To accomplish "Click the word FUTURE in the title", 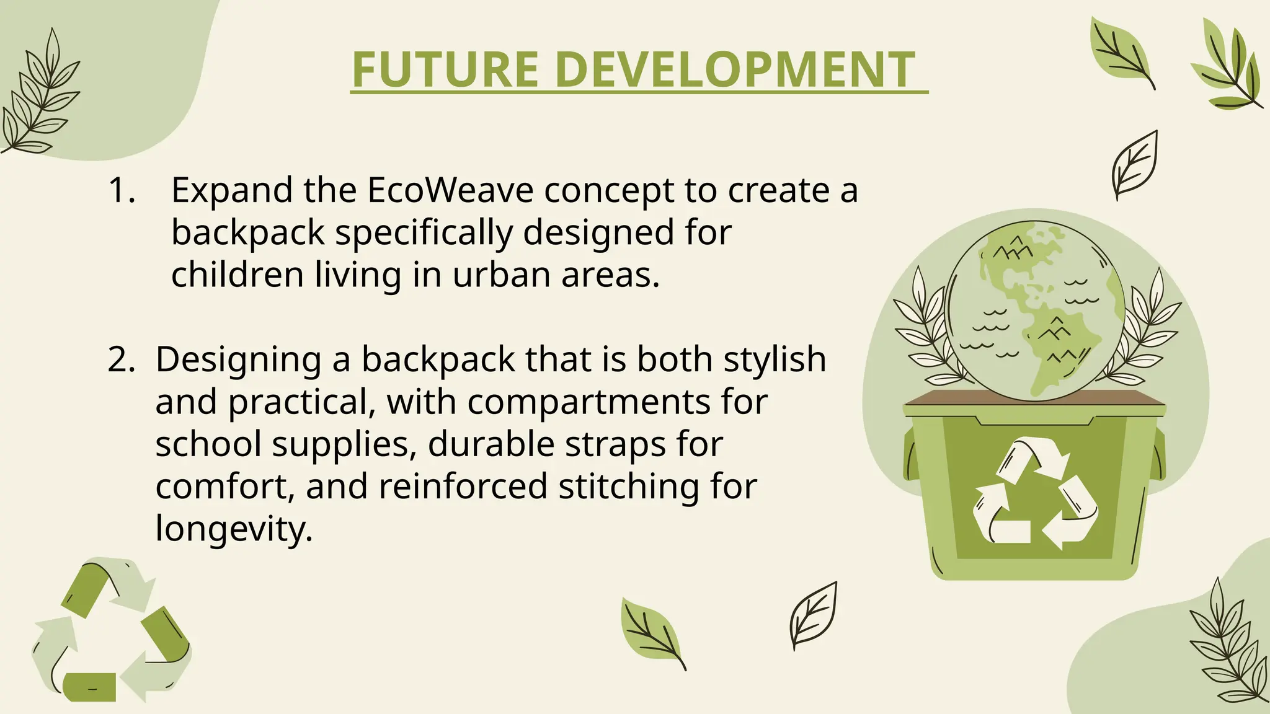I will pyautogui.click(x=445, y=69).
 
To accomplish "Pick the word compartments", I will pyautogui.click(x=588, y=402).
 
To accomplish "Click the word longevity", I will pyautogui.click(x=233, y=529).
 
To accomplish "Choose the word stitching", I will pyautogui.click(x=629, y=486).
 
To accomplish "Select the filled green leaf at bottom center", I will pyautogui.click(x=651, y=632).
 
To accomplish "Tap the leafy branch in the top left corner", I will pyautogui.click(x=40, y=99).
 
